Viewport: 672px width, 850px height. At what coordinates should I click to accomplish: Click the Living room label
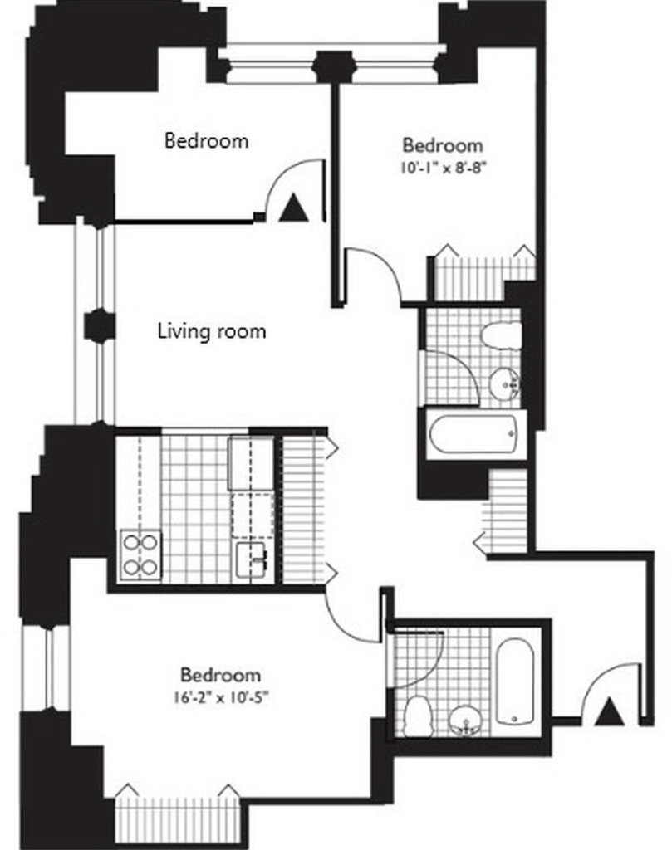click(212, 331)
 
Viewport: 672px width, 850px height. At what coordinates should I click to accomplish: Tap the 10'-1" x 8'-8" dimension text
click(442, 168)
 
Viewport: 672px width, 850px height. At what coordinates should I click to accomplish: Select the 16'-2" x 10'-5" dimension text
click(221, 697)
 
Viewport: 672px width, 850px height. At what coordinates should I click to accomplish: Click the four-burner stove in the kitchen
click(140, 554)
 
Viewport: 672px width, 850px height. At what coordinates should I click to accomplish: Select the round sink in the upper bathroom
click(505, 383)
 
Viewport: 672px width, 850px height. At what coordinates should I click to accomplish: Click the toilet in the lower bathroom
click(419, 716)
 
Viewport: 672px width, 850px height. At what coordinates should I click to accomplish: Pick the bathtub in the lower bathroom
click(515, 681)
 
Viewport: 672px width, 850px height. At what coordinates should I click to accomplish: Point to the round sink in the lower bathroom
click(465, 721)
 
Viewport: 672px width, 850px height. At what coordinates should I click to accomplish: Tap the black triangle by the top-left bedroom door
click(293, 208)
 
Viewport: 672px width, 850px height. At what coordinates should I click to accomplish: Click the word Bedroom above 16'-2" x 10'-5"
click(220, 675)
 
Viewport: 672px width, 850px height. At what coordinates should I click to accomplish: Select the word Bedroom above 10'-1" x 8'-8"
click(443, 145)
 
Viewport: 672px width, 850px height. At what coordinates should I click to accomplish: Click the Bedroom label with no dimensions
click(207, 140)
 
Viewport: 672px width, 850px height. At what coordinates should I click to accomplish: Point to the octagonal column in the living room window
click(99, 325)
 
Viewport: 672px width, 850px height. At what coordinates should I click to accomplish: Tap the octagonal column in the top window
click(335, 66)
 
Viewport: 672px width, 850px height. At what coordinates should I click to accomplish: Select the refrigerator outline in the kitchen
click(251, 464)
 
